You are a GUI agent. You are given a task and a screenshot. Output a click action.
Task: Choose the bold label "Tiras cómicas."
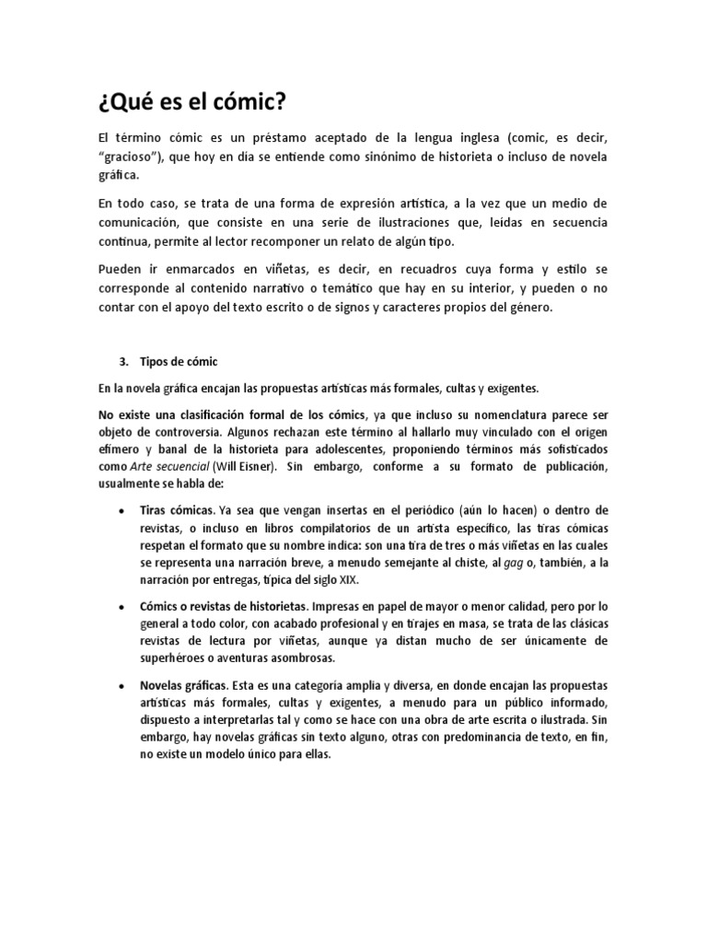click(x=179, y=510)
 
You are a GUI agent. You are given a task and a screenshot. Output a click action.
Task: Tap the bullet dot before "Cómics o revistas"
click(x=122, y=608)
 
